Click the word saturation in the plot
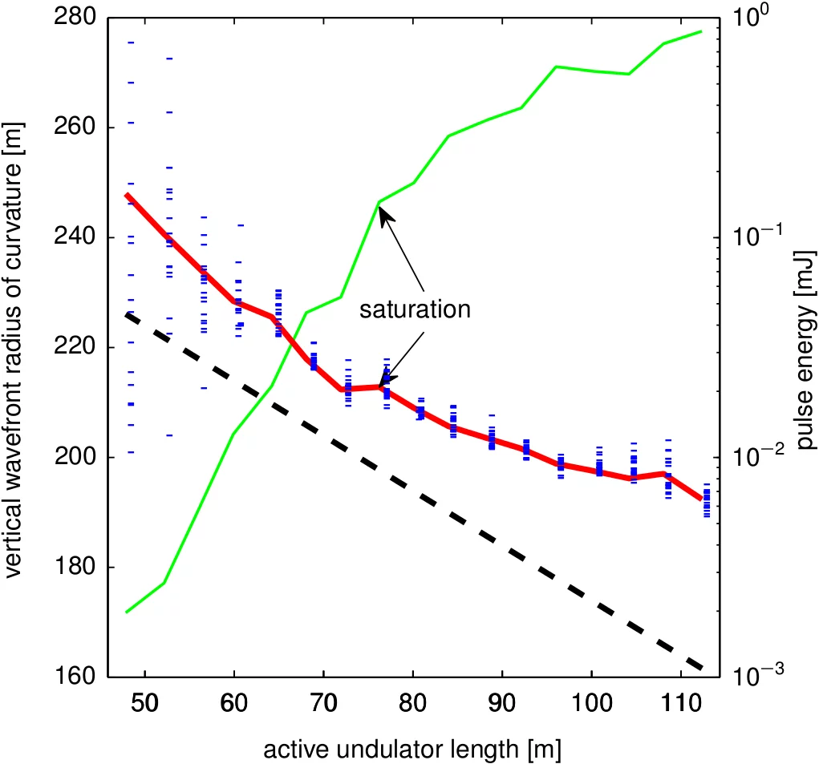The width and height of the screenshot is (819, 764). [414, 309]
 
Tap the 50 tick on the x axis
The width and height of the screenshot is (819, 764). [144, 702]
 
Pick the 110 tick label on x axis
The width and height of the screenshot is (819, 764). [679, 702]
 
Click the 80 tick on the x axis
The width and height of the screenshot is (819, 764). [412, 702]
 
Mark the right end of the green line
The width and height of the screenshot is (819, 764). [701, 31]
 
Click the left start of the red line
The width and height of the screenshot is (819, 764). [127, 195]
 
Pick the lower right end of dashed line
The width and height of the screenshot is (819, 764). [702, 669]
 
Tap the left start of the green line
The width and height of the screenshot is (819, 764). [127, 612]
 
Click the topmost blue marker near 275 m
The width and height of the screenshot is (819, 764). [131, 42]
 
